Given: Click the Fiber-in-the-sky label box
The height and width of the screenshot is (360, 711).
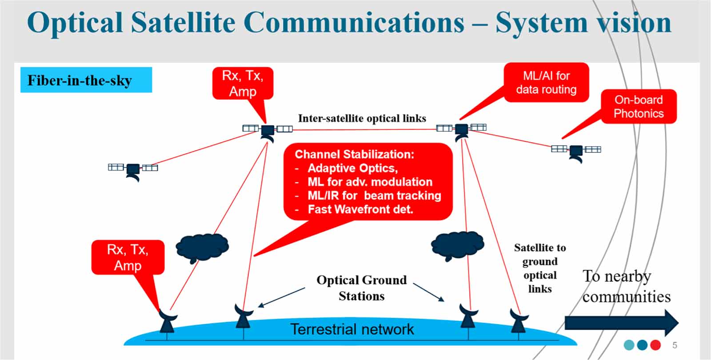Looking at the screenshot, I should pyautogui.click(x=86, y=80).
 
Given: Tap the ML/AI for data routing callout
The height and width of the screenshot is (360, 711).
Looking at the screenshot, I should pyautogui.click(x=546, y=83).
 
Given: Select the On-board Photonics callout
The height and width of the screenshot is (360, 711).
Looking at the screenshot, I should pyautogui.click(x=639, y=107).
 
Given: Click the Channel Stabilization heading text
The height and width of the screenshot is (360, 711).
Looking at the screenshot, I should pyautogui.click(x=354, y=154).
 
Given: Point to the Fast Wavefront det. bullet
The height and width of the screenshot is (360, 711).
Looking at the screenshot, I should pyautogui.click(x=360, y=209).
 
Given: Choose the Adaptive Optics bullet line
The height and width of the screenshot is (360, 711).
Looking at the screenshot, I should pyautogui.click(x=352, y=168).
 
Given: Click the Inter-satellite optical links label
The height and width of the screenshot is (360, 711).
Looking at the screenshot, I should pyautogui.click(x=362, y=118).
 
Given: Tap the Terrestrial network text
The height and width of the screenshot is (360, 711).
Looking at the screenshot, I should pyautogui.click(x=352, y=329).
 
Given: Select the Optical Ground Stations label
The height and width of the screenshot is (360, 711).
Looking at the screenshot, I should pyautogui.click(x=361, y=288).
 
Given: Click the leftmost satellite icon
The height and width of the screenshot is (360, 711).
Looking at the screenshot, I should pyautogui.click(x=133, y=169).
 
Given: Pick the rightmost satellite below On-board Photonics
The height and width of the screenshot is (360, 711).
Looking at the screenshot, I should pyautogui.click(x=576, y=151).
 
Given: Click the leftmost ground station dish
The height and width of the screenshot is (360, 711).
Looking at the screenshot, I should pyautogui.click(x=167, y=321).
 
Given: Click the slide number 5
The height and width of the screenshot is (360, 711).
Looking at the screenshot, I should pyautogui.click(x=675, y=345).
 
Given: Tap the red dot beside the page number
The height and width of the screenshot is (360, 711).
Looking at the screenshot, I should pyautogui.click(x=655, y=345).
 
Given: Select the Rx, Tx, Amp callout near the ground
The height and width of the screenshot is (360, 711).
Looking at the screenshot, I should pyautogui.click(x=128, y=257).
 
